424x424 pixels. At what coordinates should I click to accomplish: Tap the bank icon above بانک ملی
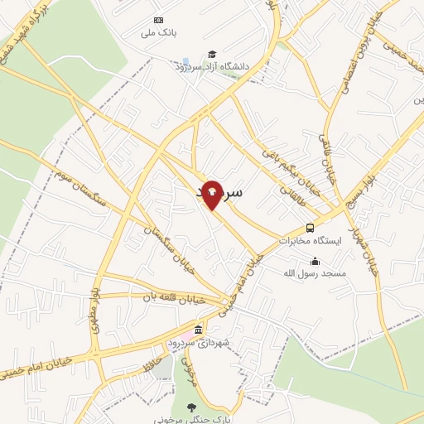tap(158, 21)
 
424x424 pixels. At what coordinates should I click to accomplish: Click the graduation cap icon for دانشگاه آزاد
tap(213, 54)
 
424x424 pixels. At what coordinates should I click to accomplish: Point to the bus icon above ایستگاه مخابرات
tap(310, 228)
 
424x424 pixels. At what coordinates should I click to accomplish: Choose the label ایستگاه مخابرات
tap(309, 242)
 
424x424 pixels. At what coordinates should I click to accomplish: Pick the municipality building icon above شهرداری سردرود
tap(197, 330)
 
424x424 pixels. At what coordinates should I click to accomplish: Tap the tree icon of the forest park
tap(193, 407)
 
